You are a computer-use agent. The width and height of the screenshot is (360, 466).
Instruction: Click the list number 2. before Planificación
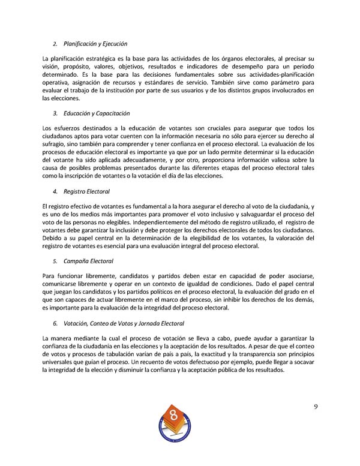(x=55, y=44)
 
